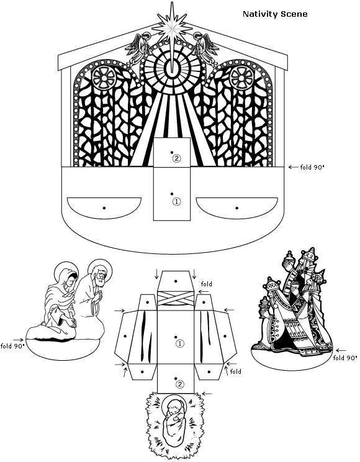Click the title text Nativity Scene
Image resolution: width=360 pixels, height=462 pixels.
pos(275,14)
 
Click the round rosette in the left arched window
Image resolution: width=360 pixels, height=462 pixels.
pos(104,78)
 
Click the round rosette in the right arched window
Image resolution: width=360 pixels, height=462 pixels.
pos(241,78)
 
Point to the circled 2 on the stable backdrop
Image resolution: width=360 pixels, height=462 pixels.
pos(176,158)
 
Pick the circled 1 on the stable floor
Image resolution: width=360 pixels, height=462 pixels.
pos(176,202)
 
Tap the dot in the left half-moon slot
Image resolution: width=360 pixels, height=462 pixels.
pos(104,208)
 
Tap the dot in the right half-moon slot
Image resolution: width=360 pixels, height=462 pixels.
pos(237,208)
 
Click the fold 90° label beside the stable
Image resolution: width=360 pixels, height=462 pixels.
pos(312,168)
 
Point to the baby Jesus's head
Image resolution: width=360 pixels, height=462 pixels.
pos(172,409)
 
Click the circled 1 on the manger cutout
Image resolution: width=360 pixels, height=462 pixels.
pos(180,343)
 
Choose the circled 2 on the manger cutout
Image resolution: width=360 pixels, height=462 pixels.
pos(180,384)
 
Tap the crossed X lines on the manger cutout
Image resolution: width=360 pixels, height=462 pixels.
pos(176,299)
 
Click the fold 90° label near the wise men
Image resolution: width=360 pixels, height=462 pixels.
pos(344,358)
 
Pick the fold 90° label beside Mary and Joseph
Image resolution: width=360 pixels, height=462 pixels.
pos(12,346)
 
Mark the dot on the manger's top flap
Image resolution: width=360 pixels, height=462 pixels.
pos(176,281)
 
